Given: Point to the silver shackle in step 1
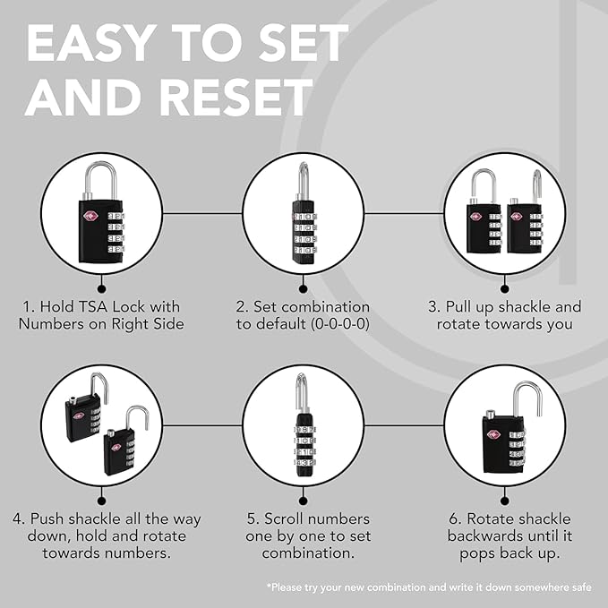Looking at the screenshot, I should (99, 180).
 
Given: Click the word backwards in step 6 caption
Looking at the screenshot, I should (485, 536).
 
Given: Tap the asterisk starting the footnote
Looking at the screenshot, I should (270, 587).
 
